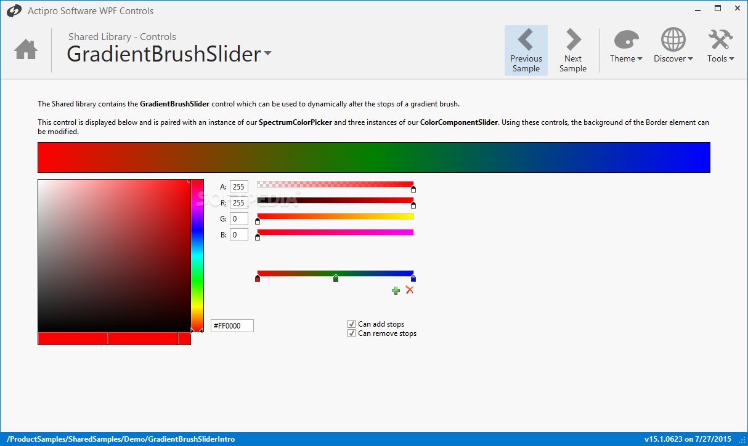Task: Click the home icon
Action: [26, 49]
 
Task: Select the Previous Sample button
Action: [526, 50]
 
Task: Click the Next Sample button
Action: [572, 50]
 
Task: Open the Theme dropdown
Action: [626, 46]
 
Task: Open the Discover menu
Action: [673, 46]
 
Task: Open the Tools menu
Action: [721, 46]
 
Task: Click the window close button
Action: [738, 9]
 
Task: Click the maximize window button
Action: [718, 9]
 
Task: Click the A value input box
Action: [239, 186]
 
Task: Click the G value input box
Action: [239, 218]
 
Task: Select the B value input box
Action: [239, 234]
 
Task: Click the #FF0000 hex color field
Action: [232, 325]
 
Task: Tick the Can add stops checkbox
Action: [351, 324]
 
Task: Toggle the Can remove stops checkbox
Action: [351, 333]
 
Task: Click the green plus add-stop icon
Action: [396, 290]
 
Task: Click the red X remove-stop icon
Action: [410, 290]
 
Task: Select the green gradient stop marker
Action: [336, 278]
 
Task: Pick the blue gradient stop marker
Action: [413, 278]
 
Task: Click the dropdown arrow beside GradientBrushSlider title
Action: [268, 53]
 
